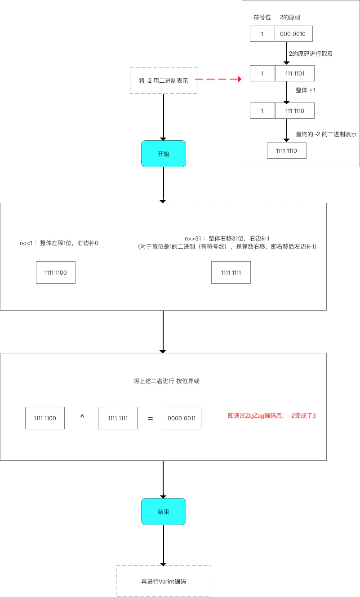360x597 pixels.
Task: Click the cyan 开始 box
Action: [x=164, y=154]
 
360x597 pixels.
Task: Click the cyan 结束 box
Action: [x=164, y=512]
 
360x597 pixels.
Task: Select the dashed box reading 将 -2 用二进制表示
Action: [x=164, y=80]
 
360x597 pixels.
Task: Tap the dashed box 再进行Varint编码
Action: [x=164, y=581]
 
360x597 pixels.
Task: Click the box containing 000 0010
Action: [x=293, y=34]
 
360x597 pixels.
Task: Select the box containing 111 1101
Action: [x=294, y=73]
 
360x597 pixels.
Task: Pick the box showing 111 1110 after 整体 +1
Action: [x=294, y=110]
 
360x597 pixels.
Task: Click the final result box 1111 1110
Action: [x=287, y=151]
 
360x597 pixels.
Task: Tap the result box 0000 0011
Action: [x=182, y=418]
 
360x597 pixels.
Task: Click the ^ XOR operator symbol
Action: [x=82, y=418]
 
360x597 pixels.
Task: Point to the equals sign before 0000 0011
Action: [x=151, y=419]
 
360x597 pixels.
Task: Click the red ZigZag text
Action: [x=272, y=416]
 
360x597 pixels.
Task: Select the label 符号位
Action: [x=262, y=17]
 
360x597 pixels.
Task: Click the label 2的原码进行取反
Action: [x=311, y=53]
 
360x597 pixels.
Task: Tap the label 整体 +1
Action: [x=306, y=90]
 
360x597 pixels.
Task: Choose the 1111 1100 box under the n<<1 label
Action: [x=56, y=272]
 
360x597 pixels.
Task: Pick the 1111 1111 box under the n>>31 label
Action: [x=231, y=272]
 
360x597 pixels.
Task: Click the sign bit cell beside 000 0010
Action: [x=262, y=34]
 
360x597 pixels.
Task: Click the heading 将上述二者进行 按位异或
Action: [x=166, y=381]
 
